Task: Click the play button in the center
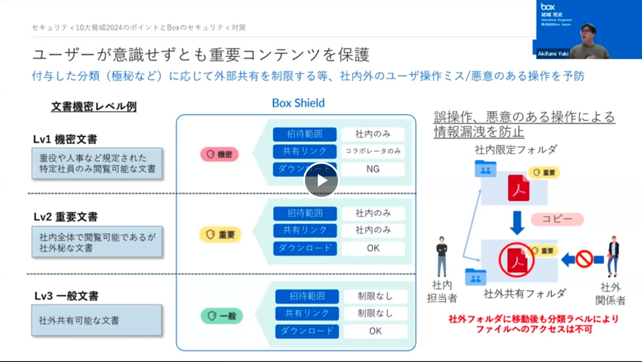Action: point(321,180)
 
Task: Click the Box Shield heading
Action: point(298,103)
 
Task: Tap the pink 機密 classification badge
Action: point(219,155)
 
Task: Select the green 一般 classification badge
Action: point(222,316)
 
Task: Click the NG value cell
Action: point(373,169)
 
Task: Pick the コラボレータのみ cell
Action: point(373,151)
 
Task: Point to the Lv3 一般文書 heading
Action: point(66,296)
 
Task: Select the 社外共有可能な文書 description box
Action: point(96,320)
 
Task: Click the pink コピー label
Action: point(557,219)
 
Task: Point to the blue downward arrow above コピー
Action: point(518,222)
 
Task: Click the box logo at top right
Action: point(548,6)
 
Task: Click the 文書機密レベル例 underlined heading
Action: point(94,107)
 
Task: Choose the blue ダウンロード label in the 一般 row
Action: point(307,331)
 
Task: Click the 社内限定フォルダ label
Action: point(515,150)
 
